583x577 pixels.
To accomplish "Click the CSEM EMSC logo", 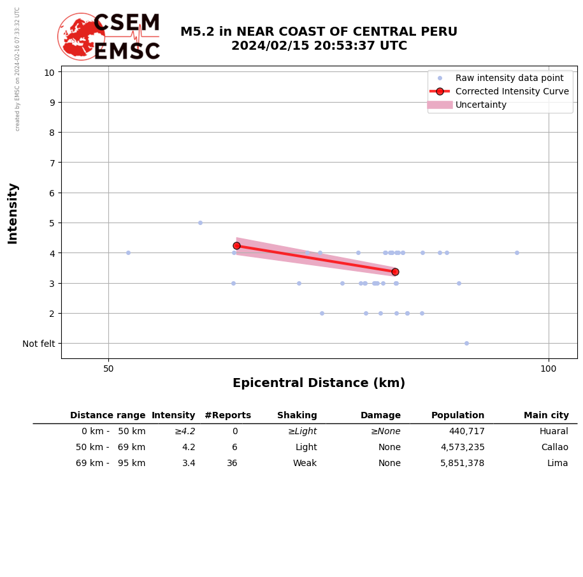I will click(109, 37).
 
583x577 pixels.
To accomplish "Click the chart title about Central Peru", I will click(319, 39).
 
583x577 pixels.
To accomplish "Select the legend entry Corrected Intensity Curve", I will click(512, 91).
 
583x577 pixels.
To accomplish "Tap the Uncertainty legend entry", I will click(481, 105).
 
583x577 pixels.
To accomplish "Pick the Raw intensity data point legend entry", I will click(509, 78).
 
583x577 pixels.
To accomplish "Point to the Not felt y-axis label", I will click(39, 344).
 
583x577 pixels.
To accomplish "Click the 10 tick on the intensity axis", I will click(49, 72).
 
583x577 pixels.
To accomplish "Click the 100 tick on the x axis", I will click(548, 369).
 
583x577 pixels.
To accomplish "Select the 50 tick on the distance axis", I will click(108, 369).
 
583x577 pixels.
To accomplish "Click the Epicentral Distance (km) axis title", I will click(319, 383).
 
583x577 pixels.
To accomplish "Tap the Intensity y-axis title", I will click(13, 213).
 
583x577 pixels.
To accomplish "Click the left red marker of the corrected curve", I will click(236, 245).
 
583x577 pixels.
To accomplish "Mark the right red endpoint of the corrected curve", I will click(395, 272).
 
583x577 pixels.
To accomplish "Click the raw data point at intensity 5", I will click(200, 223).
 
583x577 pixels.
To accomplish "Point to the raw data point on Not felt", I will click(466, 343).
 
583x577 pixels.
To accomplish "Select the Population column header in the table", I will click(457, 415).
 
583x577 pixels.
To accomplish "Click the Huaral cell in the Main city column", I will click(554, 432).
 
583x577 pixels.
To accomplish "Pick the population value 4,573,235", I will click(462, 448).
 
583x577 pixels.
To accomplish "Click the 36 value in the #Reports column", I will click(232, 464).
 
